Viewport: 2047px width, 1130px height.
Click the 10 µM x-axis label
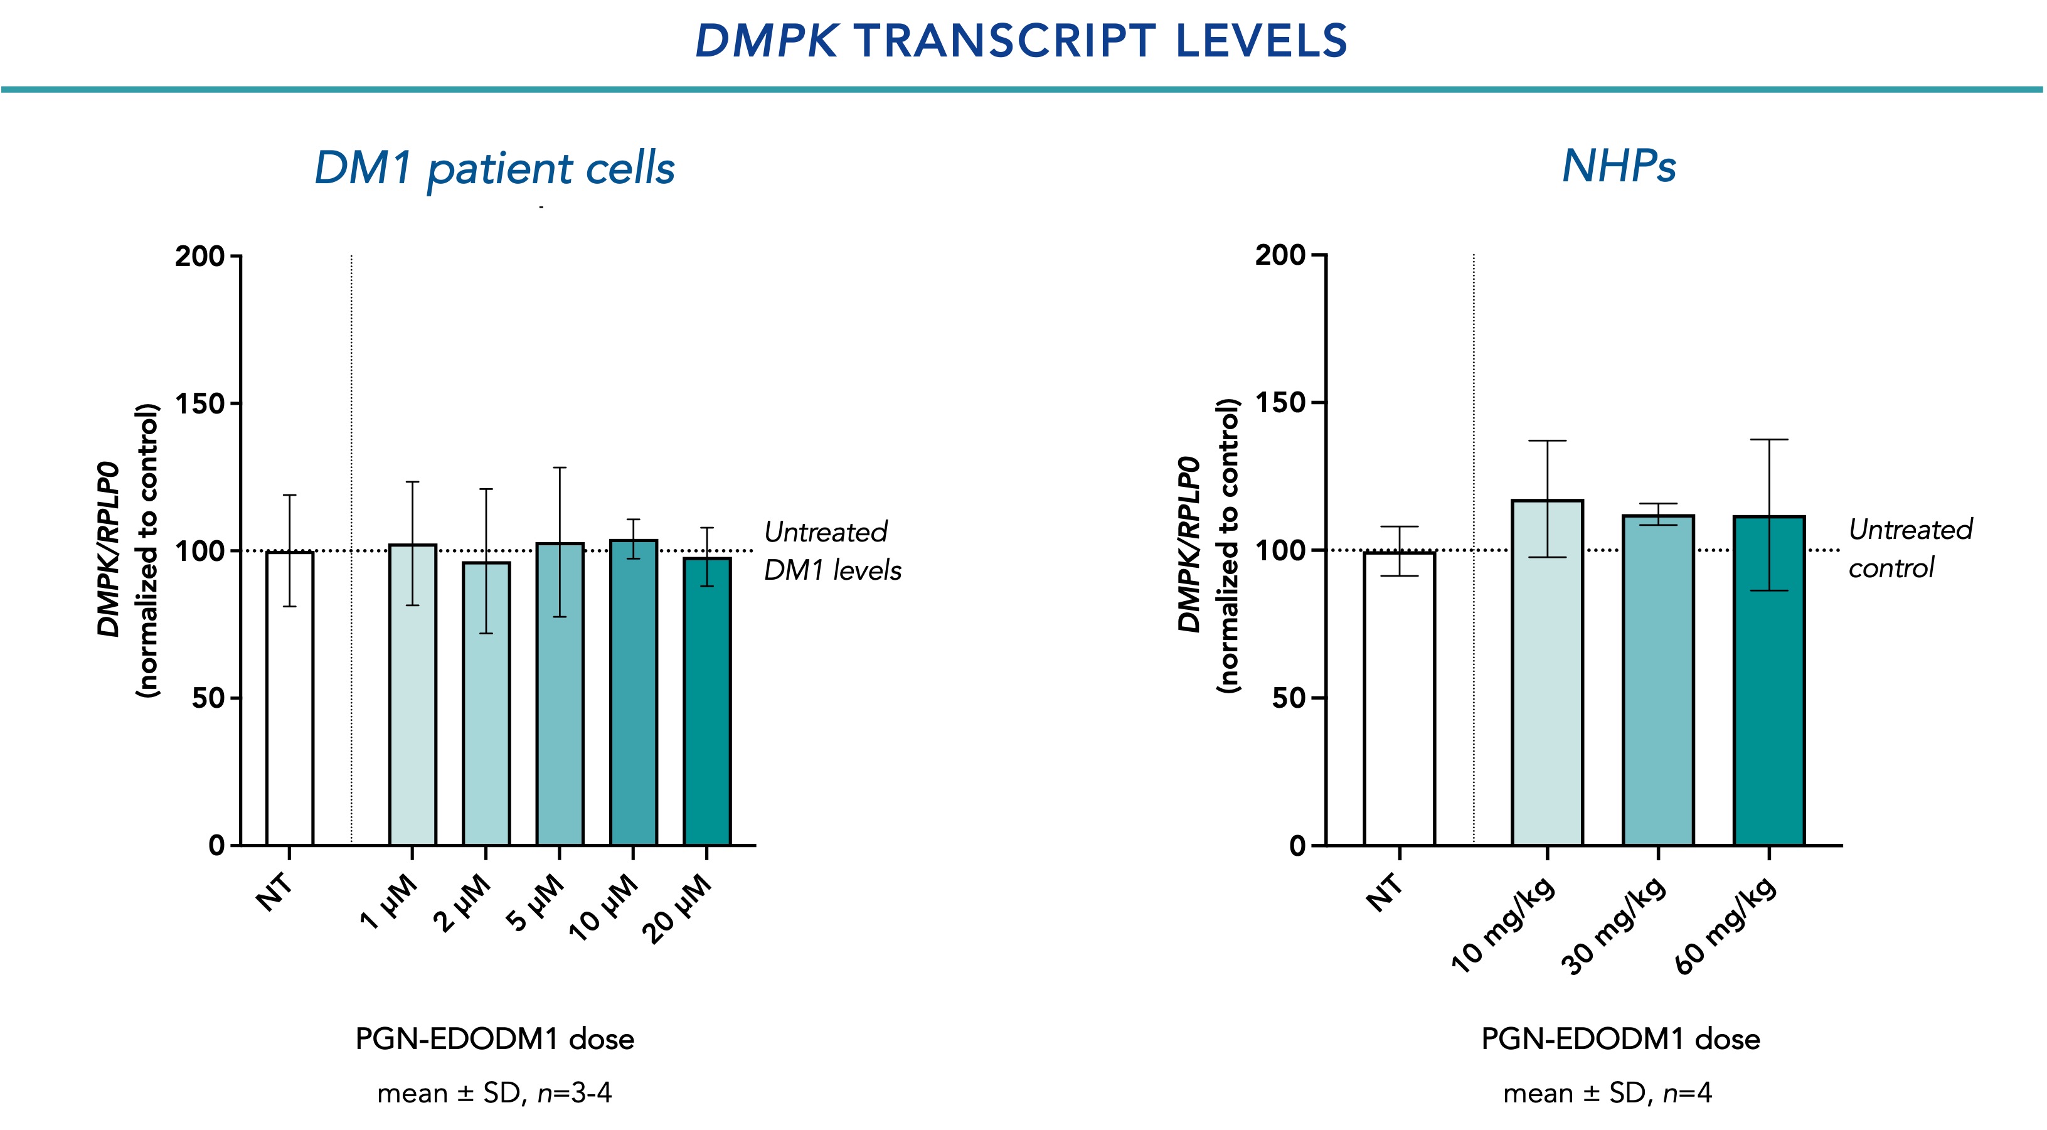pyautogui.click(x=604, y=909)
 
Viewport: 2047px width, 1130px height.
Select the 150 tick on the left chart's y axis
pyautogui.click(x=199, y=403)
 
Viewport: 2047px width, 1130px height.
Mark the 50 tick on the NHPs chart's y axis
pyautogui.click(x=1287, y=698)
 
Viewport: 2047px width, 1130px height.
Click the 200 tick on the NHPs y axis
pyautogui.click(x=1279, y=256)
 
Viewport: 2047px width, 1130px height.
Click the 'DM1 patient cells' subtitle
pyautogui.click(x=494, y=169)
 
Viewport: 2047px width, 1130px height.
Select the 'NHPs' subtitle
pyautogui.click(x=1619, y=167)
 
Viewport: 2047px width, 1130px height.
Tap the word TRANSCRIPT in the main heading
pyautogui.click(x=1005, y=41)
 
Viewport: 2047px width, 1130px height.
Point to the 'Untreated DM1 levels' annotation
pyautogui.click(x=832, y=551)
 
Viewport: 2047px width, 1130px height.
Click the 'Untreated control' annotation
pyautogui.click(x=1910, y=548)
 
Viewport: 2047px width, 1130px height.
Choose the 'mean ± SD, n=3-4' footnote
pyautogui.click(x=494, y=1094)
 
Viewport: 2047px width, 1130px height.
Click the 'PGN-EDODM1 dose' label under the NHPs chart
pyautogui.click(x=1620, y=1038)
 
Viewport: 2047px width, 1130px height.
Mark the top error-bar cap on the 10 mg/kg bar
pyautogui.click(x=1547, y=441)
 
